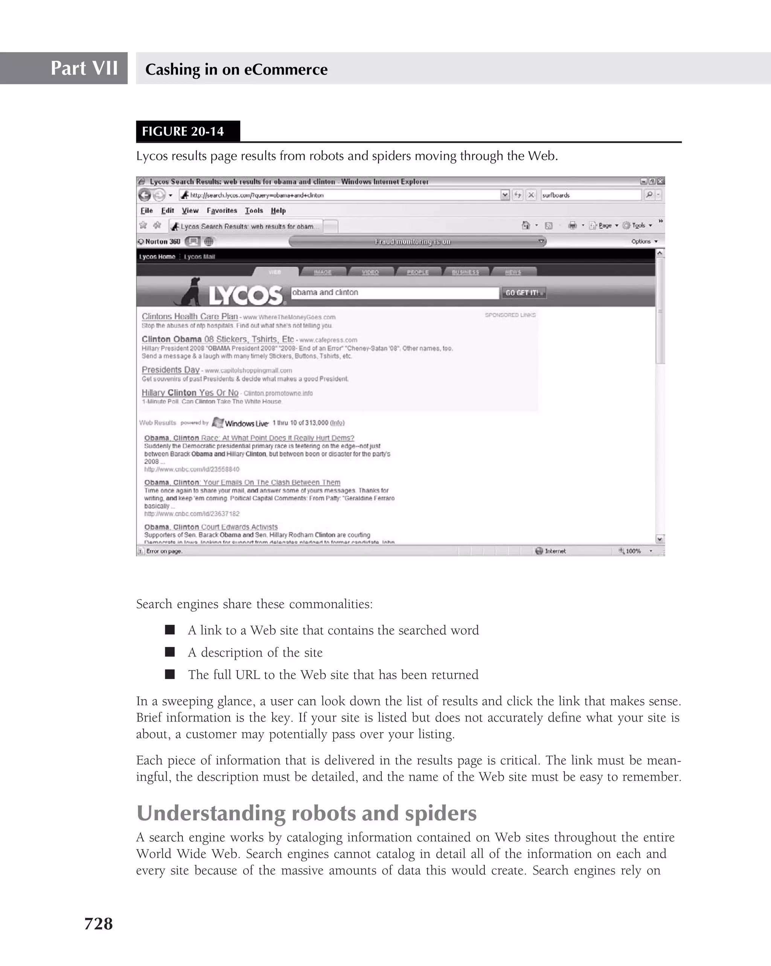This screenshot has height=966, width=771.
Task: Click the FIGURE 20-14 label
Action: (183, 131)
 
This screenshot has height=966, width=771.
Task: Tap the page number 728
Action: (99, 923)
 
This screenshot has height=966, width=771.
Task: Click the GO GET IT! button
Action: (523, 293)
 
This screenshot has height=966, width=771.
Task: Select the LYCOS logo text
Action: (245, 295)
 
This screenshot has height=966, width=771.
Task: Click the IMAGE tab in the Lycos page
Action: (323, 272)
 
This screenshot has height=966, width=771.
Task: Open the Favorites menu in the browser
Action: (222, 210)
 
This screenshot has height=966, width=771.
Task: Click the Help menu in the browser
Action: (278, 210)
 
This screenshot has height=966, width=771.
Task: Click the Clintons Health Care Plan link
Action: (189, 316)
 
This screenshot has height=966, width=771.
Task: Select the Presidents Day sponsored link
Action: (170, 370)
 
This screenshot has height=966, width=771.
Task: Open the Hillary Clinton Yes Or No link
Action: (190, 393)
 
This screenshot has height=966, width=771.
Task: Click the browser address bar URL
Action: (340, 195)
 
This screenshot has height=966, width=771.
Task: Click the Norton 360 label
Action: (162, 242)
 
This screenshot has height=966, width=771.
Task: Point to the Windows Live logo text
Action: (246, 424)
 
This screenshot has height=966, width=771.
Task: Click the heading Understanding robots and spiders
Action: (306, 813)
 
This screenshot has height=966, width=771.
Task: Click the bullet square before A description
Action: (170, 652)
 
